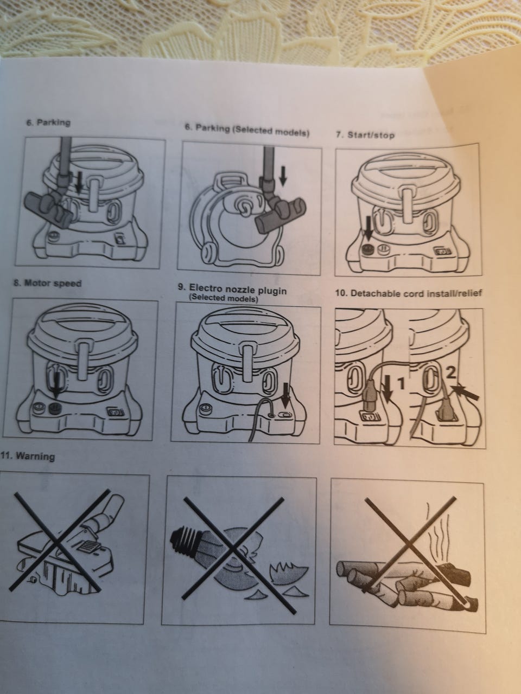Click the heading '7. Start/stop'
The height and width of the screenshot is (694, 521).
(x=365, y=135)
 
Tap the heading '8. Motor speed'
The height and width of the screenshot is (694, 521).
(x=47, y=283)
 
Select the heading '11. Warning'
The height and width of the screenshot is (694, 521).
(x=28, y=456)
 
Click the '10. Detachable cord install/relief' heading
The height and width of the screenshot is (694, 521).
(x=408, y=293)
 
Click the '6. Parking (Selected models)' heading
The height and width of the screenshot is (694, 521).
(x=247, y=130)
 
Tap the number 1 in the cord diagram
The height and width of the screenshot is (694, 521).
(x=401, y=384)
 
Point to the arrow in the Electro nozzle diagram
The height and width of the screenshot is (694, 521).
(x=285, y=395)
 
